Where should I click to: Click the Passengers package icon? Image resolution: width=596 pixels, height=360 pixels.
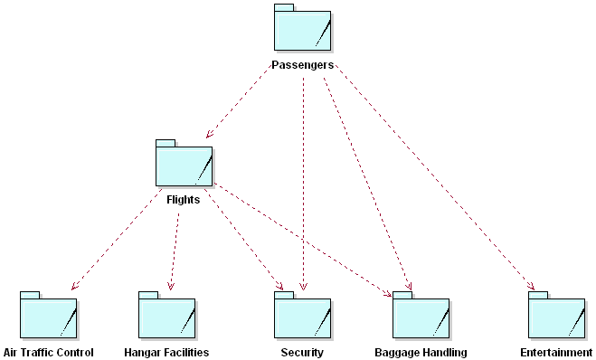pos(302,32)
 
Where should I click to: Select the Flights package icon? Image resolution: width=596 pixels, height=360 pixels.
pos(184,167)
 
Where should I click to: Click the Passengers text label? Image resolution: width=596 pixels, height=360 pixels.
pos(303,65)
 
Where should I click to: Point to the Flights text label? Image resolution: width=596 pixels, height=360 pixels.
pos(184,200)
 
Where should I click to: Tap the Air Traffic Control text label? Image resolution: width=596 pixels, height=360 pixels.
pos(49,352)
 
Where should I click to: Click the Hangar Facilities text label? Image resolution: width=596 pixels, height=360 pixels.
pos(166,352)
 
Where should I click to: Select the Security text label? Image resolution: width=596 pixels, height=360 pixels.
pos(302,352)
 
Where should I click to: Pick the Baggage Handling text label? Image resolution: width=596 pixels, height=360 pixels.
pos(421,352)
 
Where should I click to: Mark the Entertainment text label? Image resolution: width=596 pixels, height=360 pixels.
pos(557,352)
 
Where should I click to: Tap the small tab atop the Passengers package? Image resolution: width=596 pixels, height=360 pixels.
pos(284,8)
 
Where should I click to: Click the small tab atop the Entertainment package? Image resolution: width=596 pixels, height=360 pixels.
pos(538,295)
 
